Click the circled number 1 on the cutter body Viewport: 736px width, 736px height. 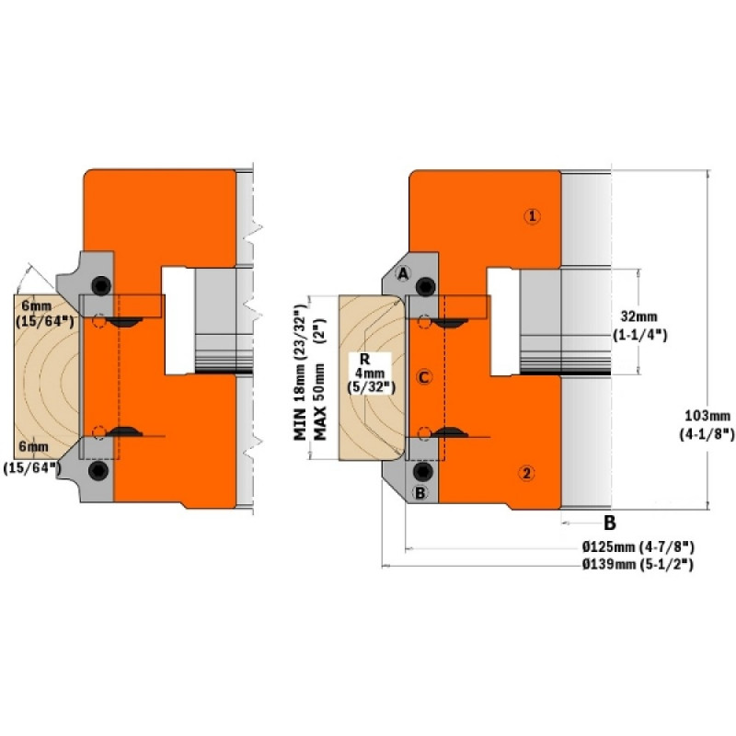(532, 216)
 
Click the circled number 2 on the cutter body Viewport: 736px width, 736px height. (526, 473)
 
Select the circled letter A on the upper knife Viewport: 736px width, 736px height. (403, 273)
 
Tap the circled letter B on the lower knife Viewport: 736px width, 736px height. (420, 493)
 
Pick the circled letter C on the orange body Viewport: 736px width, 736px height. (424, 377)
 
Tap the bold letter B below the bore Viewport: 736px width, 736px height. (609, 523)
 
